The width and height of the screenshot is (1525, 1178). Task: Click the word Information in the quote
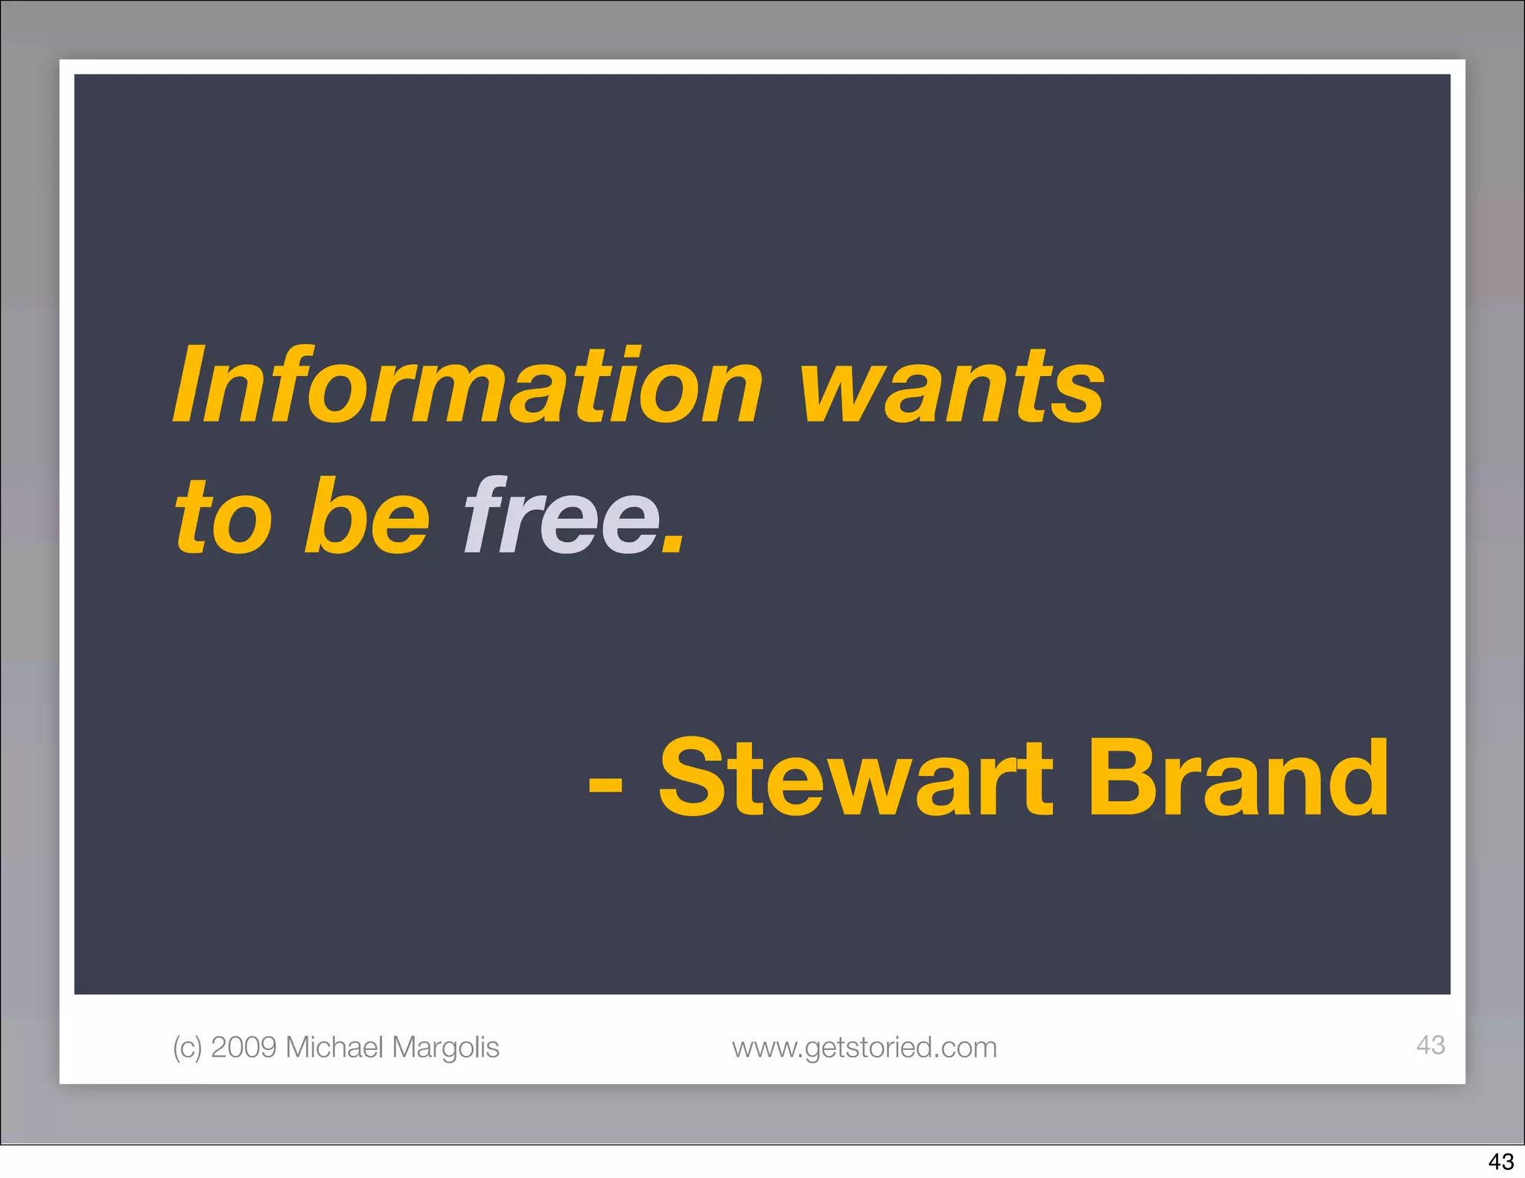coord(468,386)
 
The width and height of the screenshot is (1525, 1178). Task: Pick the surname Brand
coord(1238,778)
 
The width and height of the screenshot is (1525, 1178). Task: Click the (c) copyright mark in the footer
coord(187,1048)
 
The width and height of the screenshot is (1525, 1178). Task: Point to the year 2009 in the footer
coord(244,1047)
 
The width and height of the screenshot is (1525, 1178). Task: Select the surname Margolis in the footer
coord(445,1048)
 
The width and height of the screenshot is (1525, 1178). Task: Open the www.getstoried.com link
coord(864,1048)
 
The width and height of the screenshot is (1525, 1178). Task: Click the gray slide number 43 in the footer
coord(1430,1045)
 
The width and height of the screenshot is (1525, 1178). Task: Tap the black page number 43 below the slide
coord(1501,1162)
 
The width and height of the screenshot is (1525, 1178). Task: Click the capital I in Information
coord(191,386)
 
